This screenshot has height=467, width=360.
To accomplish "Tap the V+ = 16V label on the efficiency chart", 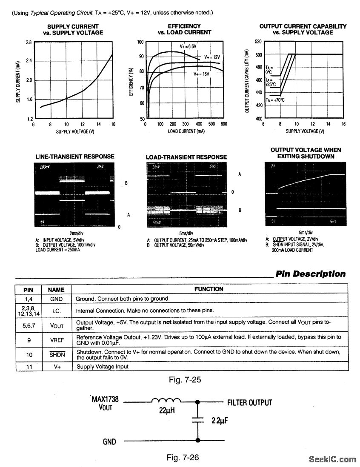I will (201, 74).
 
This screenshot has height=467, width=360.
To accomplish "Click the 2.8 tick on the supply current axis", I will (29, 43).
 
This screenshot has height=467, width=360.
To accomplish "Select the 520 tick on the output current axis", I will (258, 42).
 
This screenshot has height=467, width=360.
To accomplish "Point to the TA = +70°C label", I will (275, 100).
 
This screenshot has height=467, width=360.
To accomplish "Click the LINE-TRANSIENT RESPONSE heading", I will (75, 157).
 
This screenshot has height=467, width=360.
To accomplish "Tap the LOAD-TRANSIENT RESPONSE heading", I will (186, 157).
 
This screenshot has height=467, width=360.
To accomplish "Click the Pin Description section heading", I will (311, 274).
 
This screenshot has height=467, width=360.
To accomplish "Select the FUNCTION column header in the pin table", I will (209, 289).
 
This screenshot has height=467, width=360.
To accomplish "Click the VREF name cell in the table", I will (56, 340).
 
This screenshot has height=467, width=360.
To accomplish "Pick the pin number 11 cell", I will (29, 366).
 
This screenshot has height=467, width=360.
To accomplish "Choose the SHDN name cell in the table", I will (56, 355).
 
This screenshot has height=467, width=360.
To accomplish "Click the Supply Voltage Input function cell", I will (102, 366).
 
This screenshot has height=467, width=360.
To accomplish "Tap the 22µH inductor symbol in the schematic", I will (166, 401).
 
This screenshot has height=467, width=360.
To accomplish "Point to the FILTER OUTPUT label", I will (249, 402).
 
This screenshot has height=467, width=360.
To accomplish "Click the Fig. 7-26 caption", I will (183, 458).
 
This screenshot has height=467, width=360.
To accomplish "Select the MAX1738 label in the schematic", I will (105, 399).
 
